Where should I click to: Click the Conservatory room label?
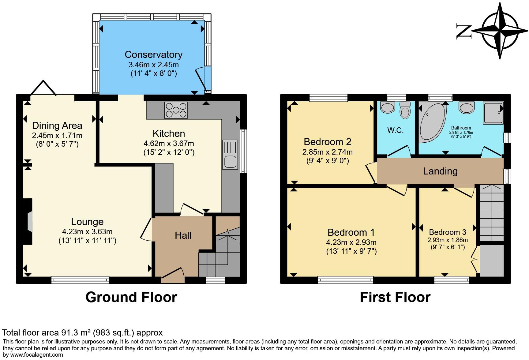tap(153, 54)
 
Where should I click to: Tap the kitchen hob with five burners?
tap(176, 110)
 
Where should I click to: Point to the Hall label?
tap(183, 235)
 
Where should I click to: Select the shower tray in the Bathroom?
tap(493, 113)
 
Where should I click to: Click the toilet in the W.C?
tap(405, 110)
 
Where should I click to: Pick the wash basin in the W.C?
tap(388, 107)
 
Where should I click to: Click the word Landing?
tap(440, 171)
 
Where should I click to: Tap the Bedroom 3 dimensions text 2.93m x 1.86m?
tap(448, 240)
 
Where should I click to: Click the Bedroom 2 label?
tap(327, 142)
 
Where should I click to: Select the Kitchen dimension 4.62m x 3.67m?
tap(169, 143)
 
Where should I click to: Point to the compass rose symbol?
tap(500, 31)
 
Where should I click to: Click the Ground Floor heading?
tap(131, 297)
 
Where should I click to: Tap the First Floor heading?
tap(395, 297)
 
